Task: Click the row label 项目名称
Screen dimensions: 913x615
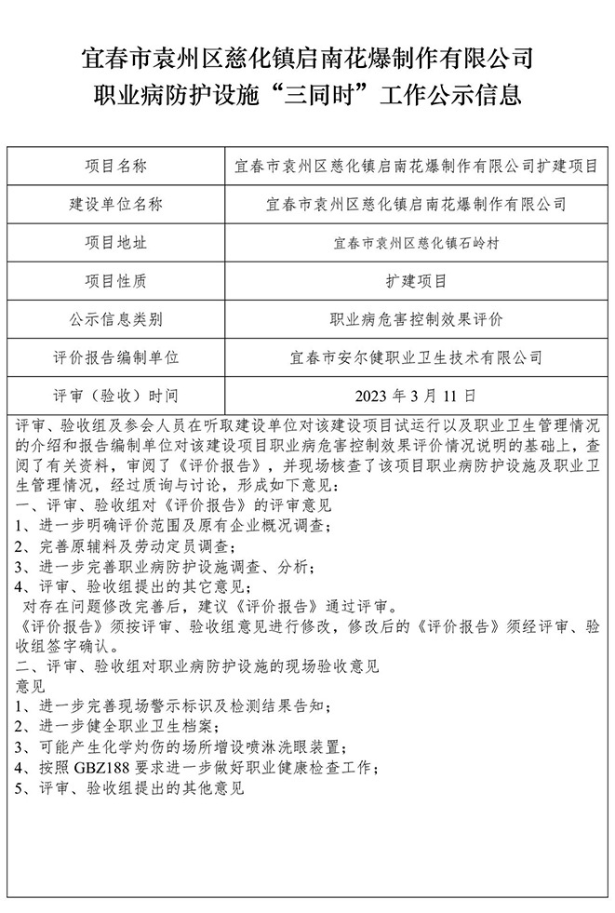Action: (116, 167)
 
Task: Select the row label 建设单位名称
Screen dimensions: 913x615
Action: (116, 205)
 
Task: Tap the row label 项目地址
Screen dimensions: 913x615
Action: (116, 243)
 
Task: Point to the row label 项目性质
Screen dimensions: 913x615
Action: (116, 281)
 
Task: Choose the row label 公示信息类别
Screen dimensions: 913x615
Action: (116, 319)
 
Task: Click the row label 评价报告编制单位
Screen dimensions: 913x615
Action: (116, 357)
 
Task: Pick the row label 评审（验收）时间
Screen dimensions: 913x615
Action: (116, 395)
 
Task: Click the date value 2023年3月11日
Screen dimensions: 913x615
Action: (416, 395)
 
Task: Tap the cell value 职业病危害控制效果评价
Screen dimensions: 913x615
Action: (416, 319)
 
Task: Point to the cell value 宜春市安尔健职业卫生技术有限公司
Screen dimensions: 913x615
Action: (416, 357)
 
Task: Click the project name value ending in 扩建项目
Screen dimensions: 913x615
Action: (416, 167)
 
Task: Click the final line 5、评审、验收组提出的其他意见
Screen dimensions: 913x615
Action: (130, 788)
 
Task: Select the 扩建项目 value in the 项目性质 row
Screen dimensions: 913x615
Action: (416, 281)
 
